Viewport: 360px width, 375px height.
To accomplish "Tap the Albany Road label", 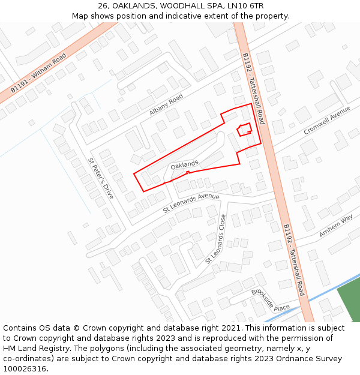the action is coord(166,105).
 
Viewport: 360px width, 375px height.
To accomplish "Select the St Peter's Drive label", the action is coord(101,178).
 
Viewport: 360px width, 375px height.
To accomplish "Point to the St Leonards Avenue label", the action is coord(191,203).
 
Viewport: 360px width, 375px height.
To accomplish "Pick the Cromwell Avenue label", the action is coord(326,121).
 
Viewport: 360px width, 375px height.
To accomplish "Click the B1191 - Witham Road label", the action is coord(38,72).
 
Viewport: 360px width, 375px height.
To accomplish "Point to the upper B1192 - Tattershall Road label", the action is coord(253,88).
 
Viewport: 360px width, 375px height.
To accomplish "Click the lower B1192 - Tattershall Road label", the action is coord(294,260).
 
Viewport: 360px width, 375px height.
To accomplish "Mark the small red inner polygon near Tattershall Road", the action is coord(244,129).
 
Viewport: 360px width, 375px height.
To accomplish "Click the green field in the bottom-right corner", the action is coord(350,303).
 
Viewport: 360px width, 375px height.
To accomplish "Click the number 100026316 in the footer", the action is coord(25,369).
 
